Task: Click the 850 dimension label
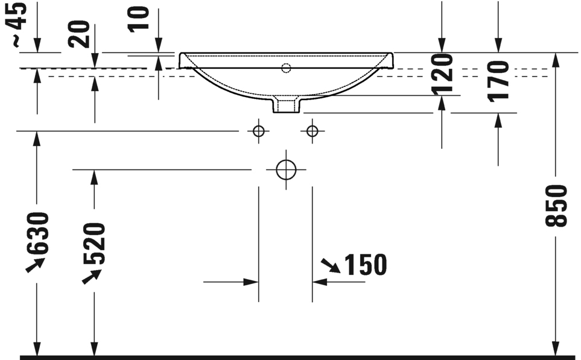point(556,206)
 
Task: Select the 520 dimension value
point(94,244)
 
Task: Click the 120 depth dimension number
point(442,74)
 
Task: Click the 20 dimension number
point(80,34)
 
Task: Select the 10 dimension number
point(139,18)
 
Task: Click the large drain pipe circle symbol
point(286,170)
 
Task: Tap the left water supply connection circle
point(258,131)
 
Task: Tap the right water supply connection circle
point(312,131)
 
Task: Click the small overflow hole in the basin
point(286,68)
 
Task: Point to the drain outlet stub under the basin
point(286,105)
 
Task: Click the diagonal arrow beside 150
point(329,265)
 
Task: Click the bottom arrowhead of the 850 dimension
point(555,349)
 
